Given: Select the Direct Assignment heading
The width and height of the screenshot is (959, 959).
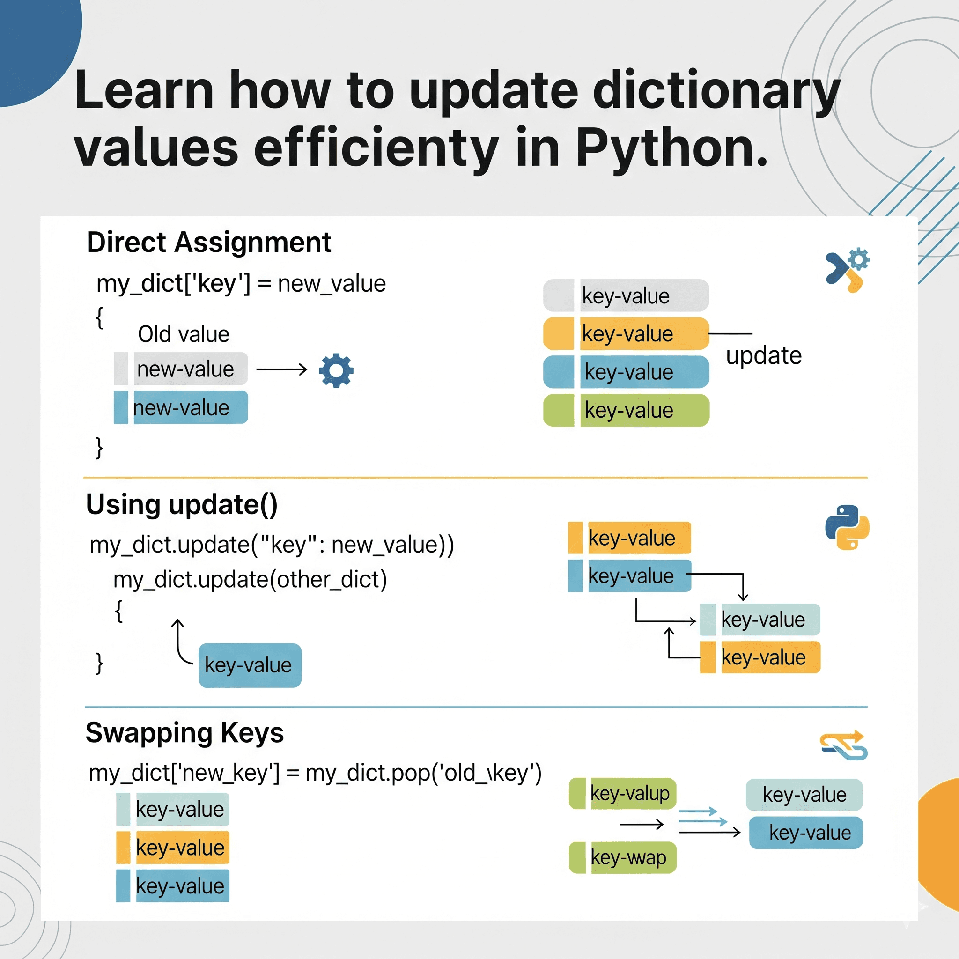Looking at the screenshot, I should coord(208,242).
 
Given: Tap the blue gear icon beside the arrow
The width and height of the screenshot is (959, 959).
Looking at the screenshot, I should coord(336,370).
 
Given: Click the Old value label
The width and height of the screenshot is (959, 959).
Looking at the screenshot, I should coord(183,334).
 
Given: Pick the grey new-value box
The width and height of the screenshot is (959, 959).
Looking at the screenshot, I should coord(181,369).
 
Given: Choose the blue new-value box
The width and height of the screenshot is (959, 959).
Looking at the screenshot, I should coord(181,407).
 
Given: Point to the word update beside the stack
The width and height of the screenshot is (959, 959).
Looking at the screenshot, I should coord(763,355).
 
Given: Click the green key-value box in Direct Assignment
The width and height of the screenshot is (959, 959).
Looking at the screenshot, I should coord(627,411).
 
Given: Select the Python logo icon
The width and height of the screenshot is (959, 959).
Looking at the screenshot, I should coord(847,527).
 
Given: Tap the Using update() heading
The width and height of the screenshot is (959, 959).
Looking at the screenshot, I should coord(182,505).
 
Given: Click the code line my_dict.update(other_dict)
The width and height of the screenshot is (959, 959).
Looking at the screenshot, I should coord(250,580).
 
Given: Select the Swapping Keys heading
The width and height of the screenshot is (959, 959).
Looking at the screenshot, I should coord(184,733).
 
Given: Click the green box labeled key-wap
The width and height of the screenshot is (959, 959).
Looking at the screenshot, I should coord(623,857).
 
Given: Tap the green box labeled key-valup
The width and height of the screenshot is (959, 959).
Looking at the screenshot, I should coord(623,793).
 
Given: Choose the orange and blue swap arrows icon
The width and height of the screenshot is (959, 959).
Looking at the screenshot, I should coord(844,745).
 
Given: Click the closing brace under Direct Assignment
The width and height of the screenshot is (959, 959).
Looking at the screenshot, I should coord(99,447).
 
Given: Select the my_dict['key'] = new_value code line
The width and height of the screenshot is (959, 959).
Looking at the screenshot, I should coord(241,284).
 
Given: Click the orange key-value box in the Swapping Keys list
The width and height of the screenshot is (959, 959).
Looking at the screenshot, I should coord(173,847).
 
